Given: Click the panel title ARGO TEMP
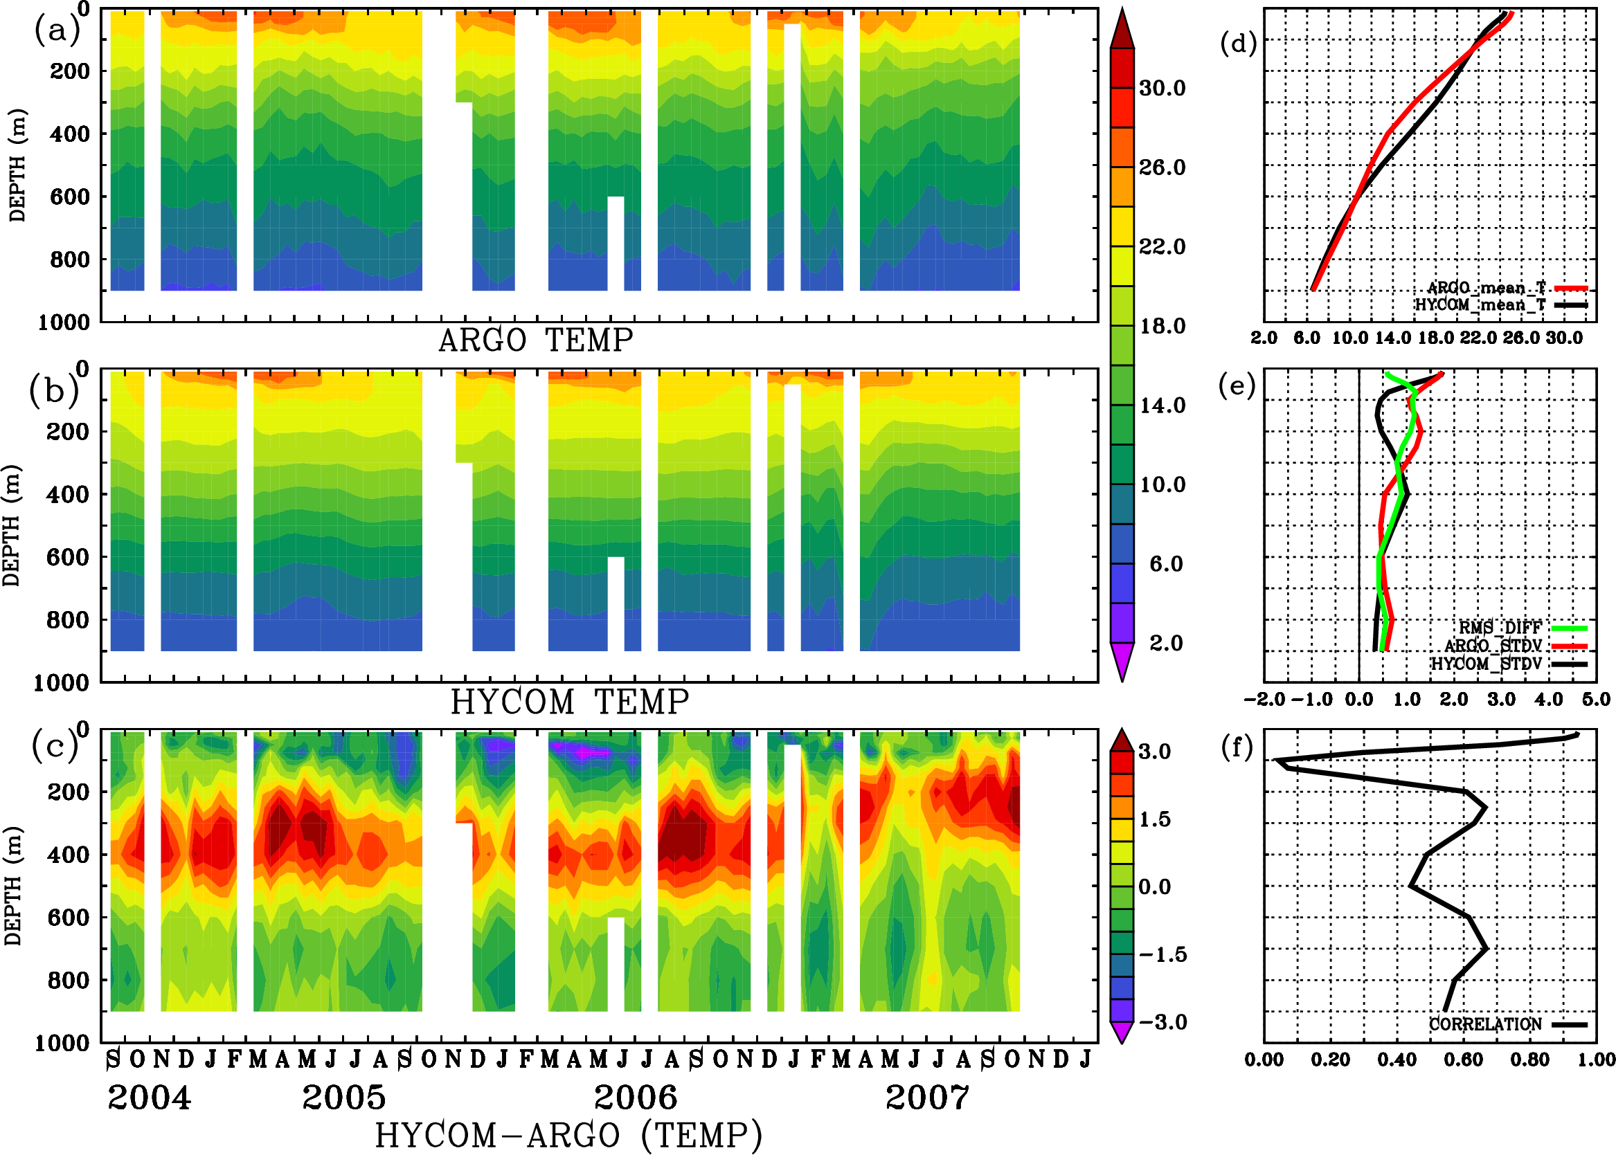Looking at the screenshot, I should pyautogui.click(x=535, y=340).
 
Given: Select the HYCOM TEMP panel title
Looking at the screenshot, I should pyautogui.click(x=569, y=702).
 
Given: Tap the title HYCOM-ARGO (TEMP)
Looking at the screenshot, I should pyautogui.click(x=568, y=1134).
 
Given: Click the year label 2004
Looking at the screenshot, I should pyautogui.click(x=149, y=1098).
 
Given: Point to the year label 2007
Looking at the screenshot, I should pyautogui.click(x=926, y=1098).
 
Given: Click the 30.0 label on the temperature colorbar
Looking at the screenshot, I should pyautogui.click(x=1162, y=88).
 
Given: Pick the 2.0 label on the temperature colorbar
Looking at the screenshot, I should pyautogui.click(x=1166, y=643).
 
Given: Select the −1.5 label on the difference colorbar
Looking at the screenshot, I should pyautogui.click(x=1162, y=954).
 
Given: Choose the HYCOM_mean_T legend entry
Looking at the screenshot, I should pyautogui.click(x=1481, y=305).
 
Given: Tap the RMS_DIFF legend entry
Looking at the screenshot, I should pyautogui.click(x=1500, y=628).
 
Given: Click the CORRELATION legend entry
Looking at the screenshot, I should pyautogui.click(x=1486, y=1025).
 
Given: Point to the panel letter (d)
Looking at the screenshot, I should pyautogui.click(x=1239, y=44).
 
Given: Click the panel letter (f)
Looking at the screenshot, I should pyautogui.click(x=1237, y=747).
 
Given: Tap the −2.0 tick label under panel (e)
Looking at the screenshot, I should pyautogui.click(x=1264, y=700).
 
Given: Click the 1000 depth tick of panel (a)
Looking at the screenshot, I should pyautogui.click(x=64, y=322).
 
